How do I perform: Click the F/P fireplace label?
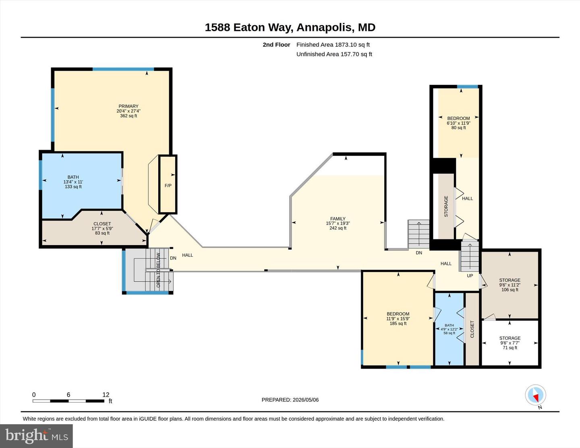(168, 186)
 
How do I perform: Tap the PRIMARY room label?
(128, 106)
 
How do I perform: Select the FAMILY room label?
(338, 219)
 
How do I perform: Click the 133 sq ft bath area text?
(73, 187)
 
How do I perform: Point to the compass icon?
(535, 395)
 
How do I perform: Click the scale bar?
(68, 401)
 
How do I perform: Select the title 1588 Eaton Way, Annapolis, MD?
(290, 27)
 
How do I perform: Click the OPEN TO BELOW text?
(158, 270)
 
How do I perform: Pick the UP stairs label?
(470, 276)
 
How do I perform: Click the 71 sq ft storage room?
(510, 343)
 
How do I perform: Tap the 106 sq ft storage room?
(510, 285)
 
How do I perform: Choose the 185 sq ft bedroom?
(398, 319)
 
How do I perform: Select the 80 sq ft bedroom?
(458, 123)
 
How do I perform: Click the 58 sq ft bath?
(449, 329)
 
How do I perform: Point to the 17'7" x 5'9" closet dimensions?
(102, 229)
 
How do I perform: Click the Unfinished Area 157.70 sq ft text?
(334, 54)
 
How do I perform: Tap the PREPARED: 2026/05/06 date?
(290, 400)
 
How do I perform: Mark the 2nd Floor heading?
(276, 45)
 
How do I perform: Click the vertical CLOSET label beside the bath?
(472, 329)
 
